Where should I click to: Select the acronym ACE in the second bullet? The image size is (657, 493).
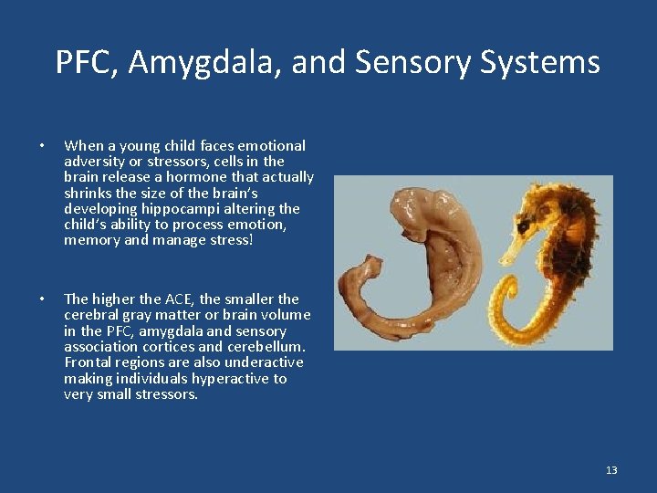click(x=179, y=299)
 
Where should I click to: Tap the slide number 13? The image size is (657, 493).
click(x=611, y=470)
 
